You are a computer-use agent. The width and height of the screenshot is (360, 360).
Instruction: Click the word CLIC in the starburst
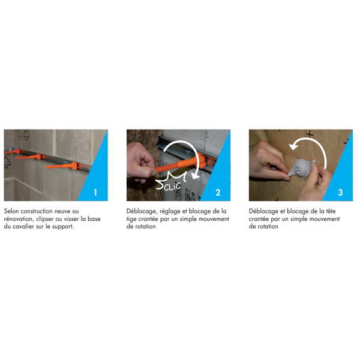[x=171, y=184]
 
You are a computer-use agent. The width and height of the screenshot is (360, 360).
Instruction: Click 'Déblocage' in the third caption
[x=263, y=211]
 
